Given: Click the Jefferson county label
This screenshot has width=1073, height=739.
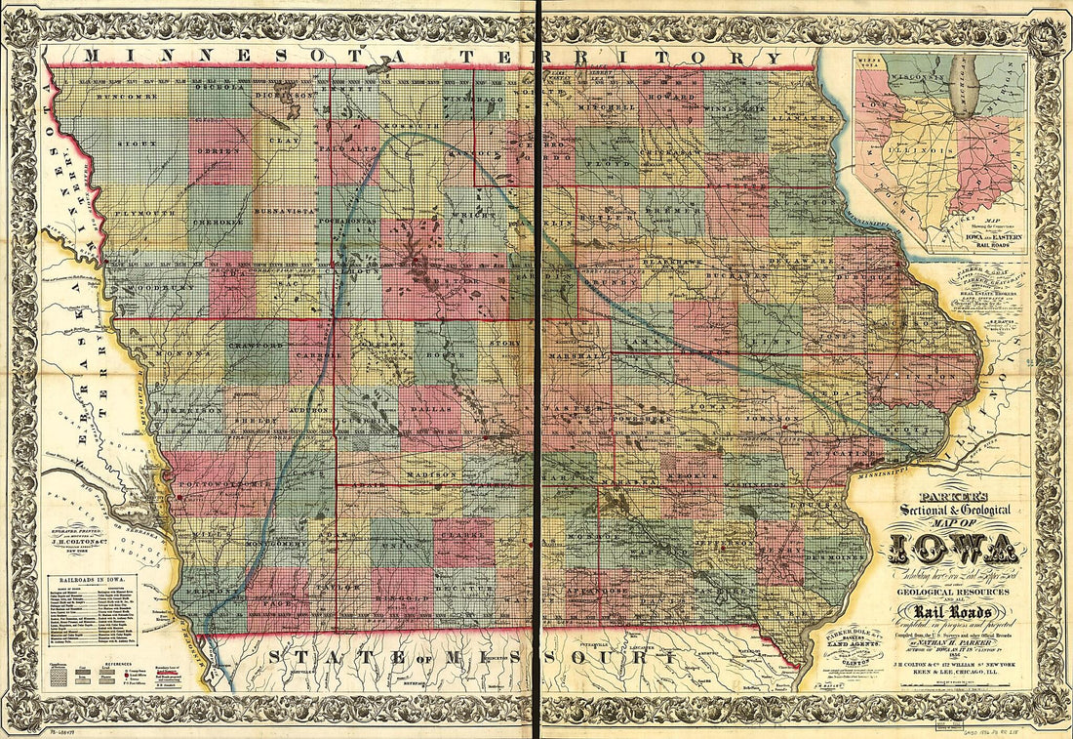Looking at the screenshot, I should [x=720, y=536].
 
